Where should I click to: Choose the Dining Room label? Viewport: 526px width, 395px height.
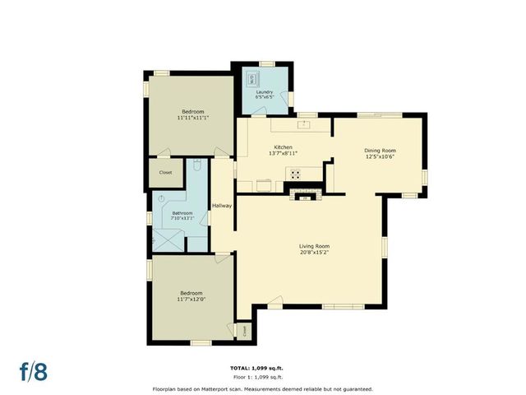point(381,151)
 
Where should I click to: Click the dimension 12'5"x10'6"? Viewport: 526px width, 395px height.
point(381,157)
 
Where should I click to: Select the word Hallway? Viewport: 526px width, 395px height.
point(222,206)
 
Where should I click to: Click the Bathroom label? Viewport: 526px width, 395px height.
point(182,214)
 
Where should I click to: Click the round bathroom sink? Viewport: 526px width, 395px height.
point(162,198)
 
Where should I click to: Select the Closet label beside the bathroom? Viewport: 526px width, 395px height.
point(165,173)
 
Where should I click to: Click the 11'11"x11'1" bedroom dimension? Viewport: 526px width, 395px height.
point(193,118)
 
